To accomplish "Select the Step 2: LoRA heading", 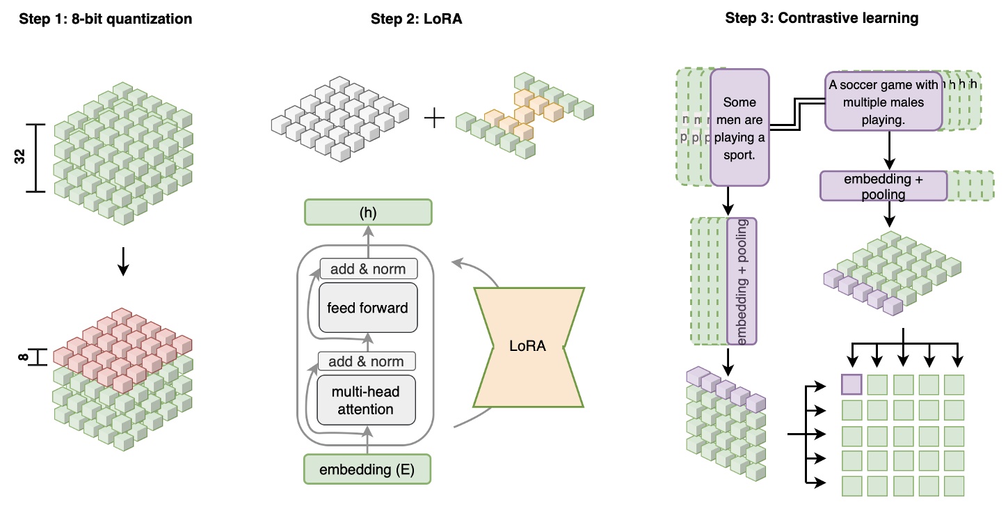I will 417,19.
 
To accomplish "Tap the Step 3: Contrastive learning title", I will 822,19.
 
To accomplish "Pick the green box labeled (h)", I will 368,213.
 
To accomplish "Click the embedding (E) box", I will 367,469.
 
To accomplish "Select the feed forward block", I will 368,307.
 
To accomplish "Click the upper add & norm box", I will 368,269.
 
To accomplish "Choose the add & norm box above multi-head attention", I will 366,361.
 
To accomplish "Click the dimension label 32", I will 19,158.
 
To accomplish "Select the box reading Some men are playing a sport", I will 739,128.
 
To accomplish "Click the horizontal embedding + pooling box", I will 883,187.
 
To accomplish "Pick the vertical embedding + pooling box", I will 742,281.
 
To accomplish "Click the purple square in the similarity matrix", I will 852,384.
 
